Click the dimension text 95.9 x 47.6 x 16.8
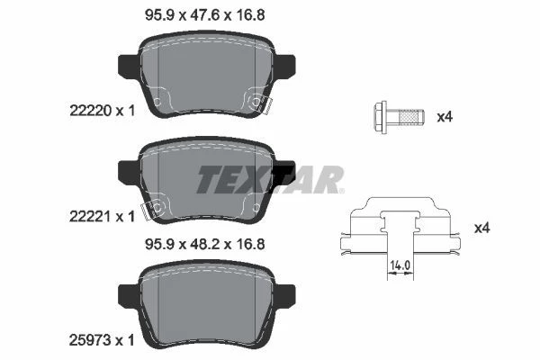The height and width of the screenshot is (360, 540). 205,15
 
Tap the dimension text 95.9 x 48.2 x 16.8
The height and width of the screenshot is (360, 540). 205,244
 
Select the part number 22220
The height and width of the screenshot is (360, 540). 91,111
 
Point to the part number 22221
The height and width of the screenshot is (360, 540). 91,217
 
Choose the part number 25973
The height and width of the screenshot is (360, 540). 91,340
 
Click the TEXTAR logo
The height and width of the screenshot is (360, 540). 270,179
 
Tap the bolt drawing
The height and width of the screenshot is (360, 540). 399,117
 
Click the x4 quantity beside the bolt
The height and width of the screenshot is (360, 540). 445,117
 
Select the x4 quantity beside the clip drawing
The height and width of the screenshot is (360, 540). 482,228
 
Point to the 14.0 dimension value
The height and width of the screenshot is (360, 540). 400,265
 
